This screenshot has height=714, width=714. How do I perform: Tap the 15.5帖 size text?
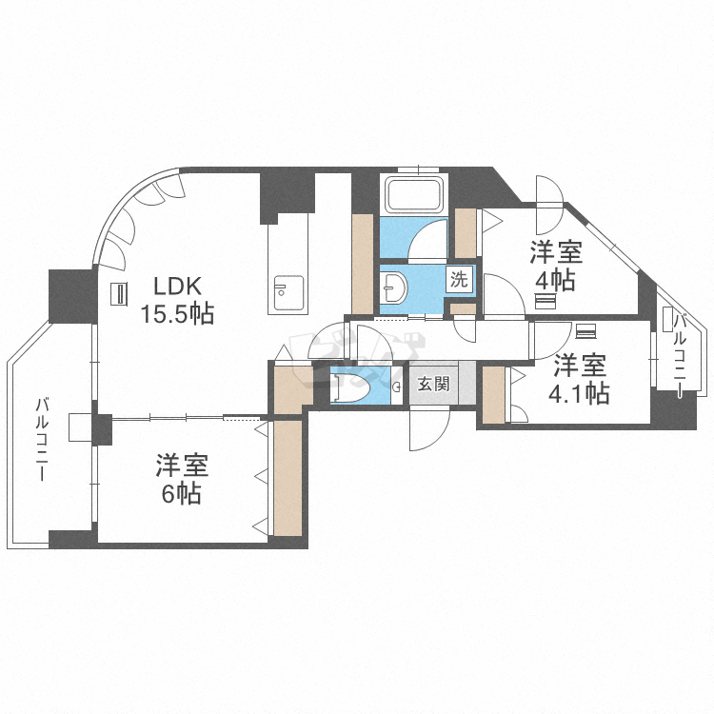176,313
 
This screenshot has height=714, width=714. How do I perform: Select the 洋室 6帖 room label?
181,480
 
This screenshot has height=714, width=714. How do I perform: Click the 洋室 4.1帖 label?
579,379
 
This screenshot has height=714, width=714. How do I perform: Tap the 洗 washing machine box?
460,280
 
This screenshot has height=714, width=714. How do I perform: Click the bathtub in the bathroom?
413,195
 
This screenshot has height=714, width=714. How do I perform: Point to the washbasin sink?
394,285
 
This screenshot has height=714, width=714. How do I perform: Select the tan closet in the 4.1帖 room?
493,394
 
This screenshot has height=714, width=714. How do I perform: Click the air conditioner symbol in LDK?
119,294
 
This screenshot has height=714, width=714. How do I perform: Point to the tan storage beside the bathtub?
363,263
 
